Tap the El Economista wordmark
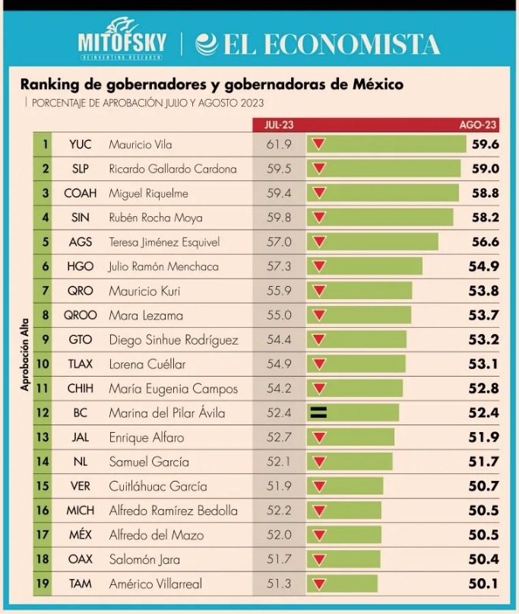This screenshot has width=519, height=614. click(318, 43)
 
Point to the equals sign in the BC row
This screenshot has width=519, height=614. click(318, 413)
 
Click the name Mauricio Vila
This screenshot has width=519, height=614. click(141, 145)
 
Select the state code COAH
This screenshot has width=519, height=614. click(80, 193)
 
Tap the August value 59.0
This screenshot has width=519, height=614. click(485, 169)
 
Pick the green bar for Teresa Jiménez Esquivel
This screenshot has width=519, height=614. click(380, 242)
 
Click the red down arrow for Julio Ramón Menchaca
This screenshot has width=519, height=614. click(319, 267)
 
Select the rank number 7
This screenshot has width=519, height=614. click(46, 291)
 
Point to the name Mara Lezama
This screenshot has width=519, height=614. click(146, 315)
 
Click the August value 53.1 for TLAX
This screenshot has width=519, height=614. click(483, 364)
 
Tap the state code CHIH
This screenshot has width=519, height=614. click(80, 389)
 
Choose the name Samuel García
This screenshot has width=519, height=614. click(149, 462)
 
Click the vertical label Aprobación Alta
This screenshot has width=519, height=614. click(24, 355)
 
